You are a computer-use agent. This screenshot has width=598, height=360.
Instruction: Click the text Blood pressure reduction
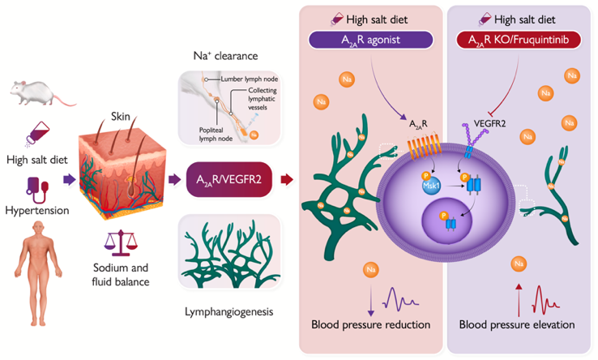370,325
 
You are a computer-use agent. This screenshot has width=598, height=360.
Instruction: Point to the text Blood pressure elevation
517,325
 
